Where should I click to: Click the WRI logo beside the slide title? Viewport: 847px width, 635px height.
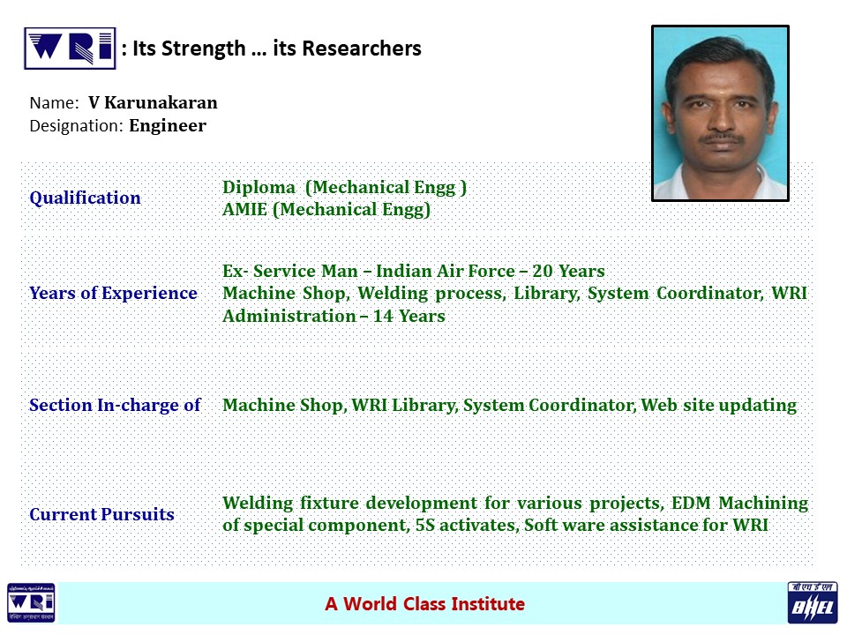pos(71,49)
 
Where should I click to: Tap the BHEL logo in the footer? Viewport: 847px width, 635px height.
pos(813,602)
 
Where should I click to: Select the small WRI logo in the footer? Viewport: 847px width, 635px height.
pos(31,602)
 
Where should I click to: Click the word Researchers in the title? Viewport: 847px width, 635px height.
pos(362,49)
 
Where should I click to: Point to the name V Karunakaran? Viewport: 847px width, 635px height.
pos(153,102)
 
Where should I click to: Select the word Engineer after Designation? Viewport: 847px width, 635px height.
pos(168,126)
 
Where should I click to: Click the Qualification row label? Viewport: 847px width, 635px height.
pos(85,198)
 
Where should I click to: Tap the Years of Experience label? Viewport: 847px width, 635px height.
pos(114,293)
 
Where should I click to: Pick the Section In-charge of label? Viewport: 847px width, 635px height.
pos(115,405)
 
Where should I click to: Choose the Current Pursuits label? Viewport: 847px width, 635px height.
pos(101,514)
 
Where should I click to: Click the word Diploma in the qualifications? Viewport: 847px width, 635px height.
pos(259,187)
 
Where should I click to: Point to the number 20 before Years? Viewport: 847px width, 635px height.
pos(543,271)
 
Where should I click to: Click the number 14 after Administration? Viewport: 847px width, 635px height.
pos(383,316)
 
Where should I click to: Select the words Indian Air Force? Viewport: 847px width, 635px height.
pos(446,271)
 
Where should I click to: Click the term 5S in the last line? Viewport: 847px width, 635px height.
pos(425,526)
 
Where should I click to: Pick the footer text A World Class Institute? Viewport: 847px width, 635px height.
pos(424,603)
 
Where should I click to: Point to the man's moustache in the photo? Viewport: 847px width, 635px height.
pos(721,138)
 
